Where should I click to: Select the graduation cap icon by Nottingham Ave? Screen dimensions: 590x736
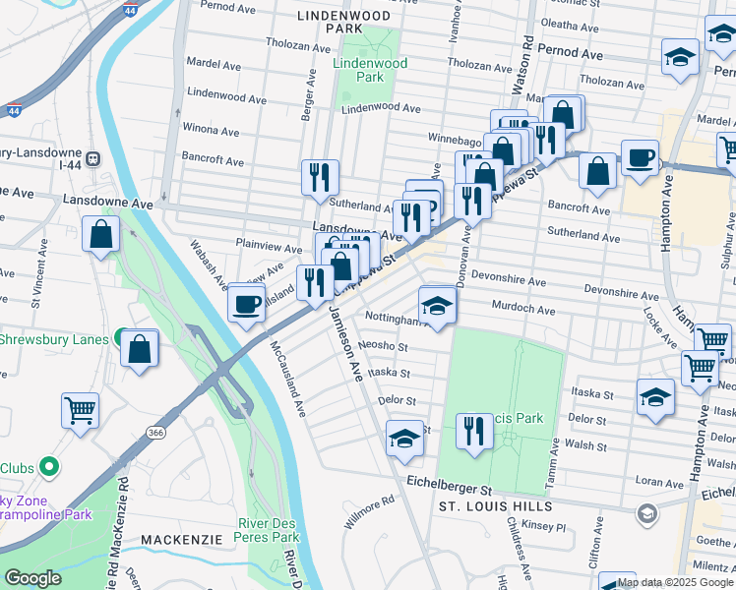438,305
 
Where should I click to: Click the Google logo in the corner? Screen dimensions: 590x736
32,578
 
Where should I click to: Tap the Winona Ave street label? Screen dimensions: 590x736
212,131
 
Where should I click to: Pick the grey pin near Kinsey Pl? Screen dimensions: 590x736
646,513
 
